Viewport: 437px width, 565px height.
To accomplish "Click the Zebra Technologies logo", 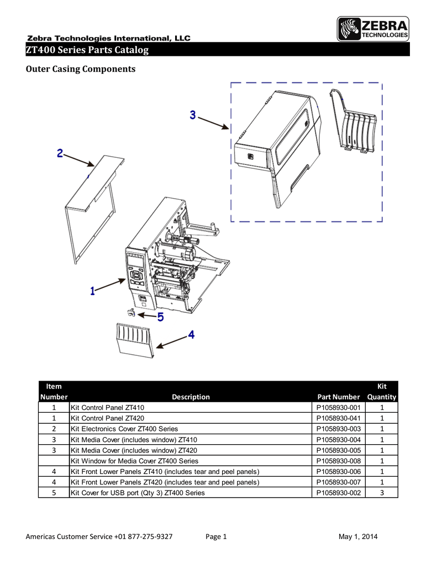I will click(x=373, y=29).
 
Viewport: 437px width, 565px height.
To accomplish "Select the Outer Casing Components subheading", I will click(x=81, y=70).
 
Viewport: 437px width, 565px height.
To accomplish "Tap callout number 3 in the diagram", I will click(x=192, y=115).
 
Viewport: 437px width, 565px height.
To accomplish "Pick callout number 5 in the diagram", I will click(x=160, y=317).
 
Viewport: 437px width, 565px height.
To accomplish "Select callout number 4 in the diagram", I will click(x=191, y=334).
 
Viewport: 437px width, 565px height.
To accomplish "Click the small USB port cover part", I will click(x=131, y=313).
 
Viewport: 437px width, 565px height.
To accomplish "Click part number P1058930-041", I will click(x=338, y=417).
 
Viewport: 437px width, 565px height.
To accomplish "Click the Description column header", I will click(x=191, y=397).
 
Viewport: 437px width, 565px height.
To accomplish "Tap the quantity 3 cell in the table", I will click(x=382, y=492).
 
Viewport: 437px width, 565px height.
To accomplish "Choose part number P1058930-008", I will click(x=338, y=460).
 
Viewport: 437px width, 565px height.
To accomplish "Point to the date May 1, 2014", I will click(x=358, y=537).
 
